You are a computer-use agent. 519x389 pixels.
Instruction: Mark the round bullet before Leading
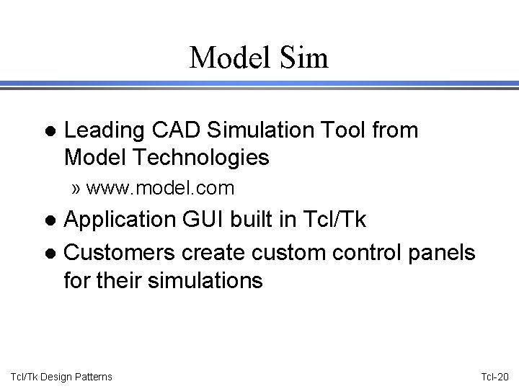48,132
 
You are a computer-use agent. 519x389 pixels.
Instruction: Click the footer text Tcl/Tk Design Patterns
62,377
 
